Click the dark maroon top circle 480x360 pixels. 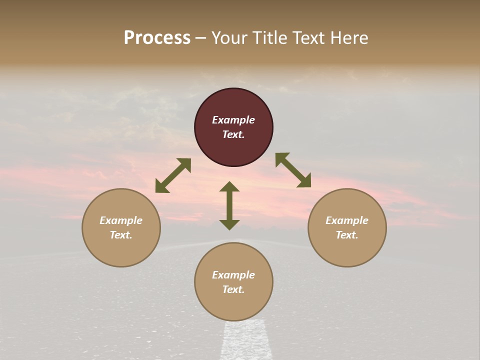pyautogui.click(x=233, y=127)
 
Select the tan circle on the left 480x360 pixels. pyautogui.click(x=121, y=227)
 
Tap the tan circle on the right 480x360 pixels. pyautogui.click(x=347, y=227)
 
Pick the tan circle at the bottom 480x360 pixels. pyautogui.click(x=233, y=282)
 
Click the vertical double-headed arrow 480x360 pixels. pyautogui.click(x=229, y=205)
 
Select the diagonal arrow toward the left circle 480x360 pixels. pyautogui.click(x=173, y=175)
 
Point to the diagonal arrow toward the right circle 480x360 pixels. pyautogui.click(x=293, y=170)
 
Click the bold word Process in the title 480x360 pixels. pyautogui.click(x=157, y=38)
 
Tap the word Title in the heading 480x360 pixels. pyautogui.click(x=270, y=38)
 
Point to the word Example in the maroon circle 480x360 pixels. pyautogui.click(x=233, y=120)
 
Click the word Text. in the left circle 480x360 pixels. pyautogui.click(x=121, y=235)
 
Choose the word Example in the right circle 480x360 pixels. pyautogui.click(x=347, y=220)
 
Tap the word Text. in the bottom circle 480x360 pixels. pyautogui.click(x=233, y=289)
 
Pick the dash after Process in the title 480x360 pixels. pyautogui.click(x=200, y=38)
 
